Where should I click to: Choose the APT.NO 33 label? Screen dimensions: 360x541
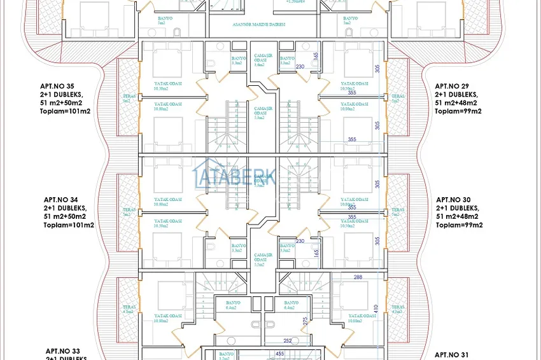click(63, 350)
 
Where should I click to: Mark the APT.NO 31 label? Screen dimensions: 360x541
click(453, 354)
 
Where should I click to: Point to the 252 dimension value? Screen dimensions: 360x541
click(287, 341)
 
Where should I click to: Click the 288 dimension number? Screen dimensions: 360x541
click(358, 277)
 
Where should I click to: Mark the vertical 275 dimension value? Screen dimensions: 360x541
click(306, 321)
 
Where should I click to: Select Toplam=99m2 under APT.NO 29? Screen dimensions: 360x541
click(458, 111)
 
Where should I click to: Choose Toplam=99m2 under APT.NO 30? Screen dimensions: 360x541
click(459, 225)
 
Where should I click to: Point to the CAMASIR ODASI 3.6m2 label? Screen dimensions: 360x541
click(259, 60)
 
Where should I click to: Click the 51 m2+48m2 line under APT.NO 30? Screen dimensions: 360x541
click(460, 216)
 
